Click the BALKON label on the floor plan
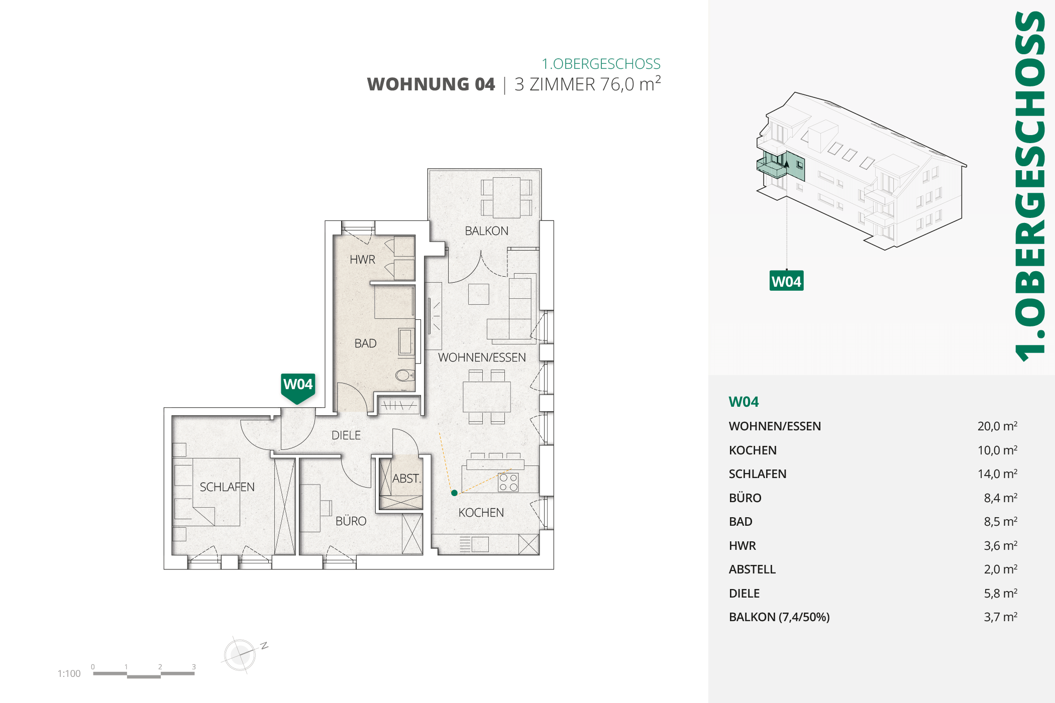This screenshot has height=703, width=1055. [486, 231]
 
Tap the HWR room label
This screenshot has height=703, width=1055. [362, 260]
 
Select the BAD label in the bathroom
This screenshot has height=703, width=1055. [365, 343]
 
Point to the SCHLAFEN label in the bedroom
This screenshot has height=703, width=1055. [227, 487]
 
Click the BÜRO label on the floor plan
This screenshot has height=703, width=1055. [351, 521]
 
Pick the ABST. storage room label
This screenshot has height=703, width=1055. [406, 479]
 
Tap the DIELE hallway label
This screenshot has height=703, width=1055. [346, 435]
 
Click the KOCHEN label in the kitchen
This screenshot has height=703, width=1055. [481, 513]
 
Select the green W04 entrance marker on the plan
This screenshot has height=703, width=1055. [298, 388]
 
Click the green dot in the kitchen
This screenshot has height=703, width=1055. [454, 493]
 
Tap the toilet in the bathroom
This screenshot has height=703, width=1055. [404, 375]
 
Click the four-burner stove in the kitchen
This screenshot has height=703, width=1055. [508, 482]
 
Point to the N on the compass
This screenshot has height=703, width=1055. [264, 646]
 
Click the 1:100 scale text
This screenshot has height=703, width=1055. [69, 673]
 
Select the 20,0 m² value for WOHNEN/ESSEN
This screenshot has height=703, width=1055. [997, 426]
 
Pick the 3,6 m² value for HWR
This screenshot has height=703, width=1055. [1000, 546]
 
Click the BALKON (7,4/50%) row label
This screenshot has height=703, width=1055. [779, 617]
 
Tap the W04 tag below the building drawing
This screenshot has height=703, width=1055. [786, 281]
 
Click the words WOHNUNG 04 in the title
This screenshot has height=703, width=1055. [431, 84]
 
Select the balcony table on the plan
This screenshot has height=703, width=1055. [506, 197]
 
